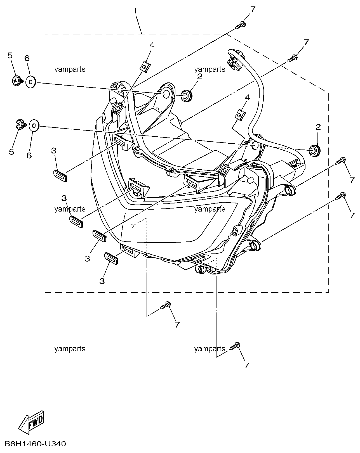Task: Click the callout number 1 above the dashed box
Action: pyautogui.click(x=135, y=11)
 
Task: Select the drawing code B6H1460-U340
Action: pyautogui.click(x=35, y=444)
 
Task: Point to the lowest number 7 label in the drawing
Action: pyautogui.click(x=246, y=366)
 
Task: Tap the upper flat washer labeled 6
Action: pyautogui.click(x=31, y=82)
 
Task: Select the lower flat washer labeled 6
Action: pyautogui.click(x=34, y=126)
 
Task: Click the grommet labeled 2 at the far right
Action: pyautogui.click(x=314, y=151)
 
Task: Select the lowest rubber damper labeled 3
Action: pyautogui.click(x=111, y=258)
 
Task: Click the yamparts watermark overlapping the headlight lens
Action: pyautogui.click(x=210, y=209)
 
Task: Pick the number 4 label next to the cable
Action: pyautogui.click(x=248, y=98)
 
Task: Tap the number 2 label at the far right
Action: pyautogui.click(x=318, y=127)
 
